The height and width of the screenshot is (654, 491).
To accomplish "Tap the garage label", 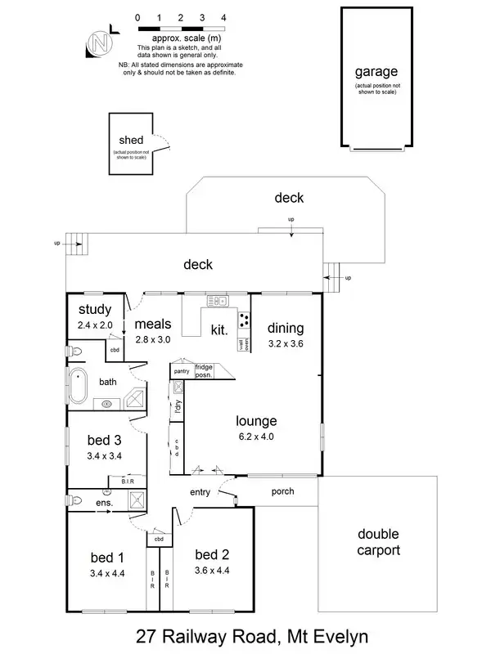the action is click(x=376, y=73).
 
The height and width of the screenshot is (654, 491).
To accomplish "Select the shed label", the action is click(x=131, y=141).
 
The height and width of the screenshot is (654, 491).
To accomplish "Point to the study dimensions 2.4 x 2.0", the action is click(x=95, y=325).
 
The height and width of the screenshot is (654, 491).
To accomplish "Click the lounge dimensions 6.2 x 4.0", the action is click(x=256, y=437).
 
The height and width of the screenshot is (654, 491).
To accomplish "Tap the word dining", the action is click(x=286, y=329).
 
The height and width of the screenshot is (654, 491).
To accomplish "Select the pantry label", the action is click(x=182, y=372).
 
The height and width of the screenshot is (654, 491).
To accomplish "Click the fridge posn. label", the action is click(x=204, y=372).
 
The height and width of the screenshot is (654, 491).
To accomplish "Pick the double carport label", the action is click(x=378, y=542).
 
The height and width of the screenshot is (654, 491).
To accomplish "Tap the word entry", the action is click(x=200, y=492).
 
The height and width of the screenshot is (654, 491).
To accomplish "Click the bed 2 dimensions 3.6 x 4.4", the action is click(x=212, y=571).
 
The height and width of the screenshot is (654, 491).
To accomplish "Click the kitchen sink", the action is click(x=218, y=300).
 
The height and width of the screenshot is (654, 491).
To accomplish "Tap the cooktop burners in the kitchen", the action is click(x=243, y=318).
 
